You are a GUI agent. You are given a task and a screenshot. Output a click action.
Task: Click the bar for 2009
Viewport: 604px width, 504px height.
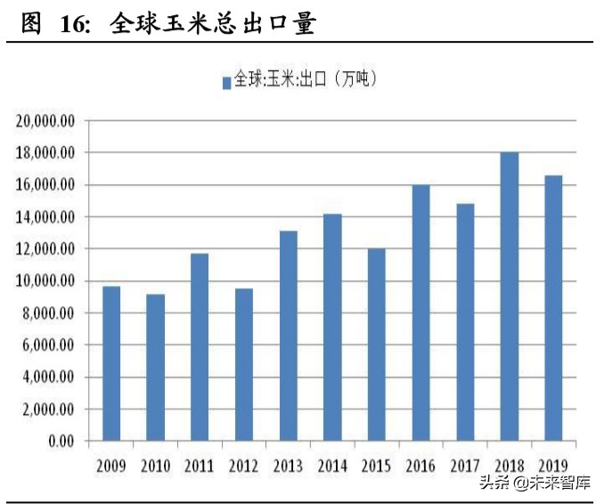coord(110,363)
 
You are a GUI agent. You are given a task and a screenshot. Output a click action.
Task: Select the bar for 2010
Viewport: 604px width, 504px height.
coord(155,367)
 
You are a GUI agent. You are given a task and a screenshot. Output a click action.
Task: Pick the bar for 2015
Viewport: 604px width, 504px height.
coord(376,345)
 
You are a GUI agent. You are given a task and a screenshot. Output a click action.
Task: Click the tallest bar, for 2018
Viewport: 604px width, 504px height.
coord(509,297)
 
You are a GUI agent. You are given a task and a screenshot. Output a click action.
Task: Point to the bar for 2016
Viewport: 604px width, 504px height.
coord(420,313)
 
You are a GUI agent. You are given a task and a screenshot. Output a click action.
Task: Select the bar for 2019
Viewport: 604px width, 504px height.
coord(553,307)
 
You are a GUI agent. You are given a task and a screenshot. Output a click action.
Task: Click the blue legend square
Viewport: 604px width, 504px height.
coord(227,82)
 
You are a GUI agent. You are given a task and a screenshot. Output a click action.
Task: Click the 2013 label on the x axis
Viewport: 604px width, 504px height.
coord(288,465)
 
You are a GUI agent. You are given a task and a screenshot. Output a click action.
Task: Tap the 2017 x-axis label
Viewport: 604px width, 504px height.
coord(465,465)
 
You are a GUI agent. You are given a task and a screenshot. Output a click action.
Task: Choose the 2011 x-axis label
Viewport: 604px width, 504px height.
coord(200,465)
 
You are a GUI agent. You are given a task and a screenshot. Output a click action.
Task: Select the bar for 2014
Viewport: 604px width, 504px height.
coord(332,327)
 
